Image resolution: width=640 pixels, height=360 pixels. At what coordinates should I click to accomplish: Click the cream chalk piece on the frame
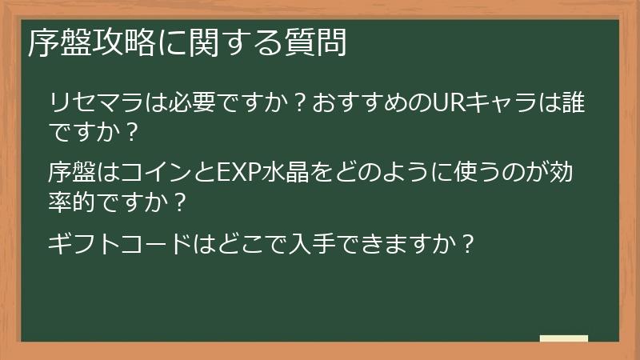(x=563, y=339)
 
